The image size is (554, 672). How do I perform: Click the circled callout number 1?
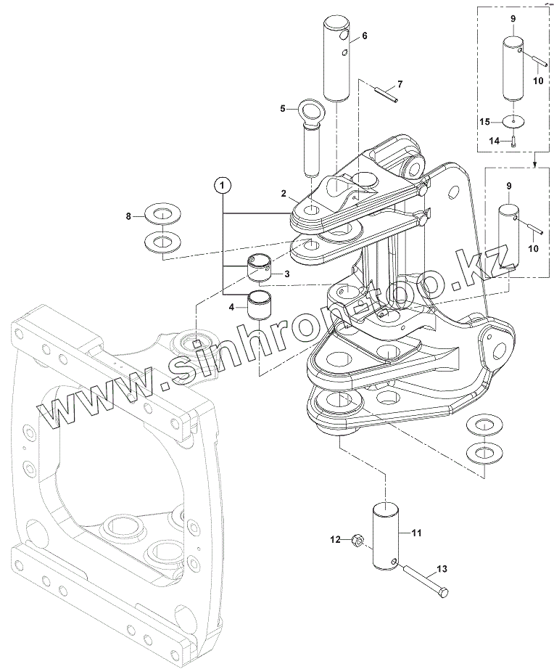tap(223, 184)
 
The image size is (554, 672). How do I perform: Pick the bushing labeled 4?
tap(259, 306)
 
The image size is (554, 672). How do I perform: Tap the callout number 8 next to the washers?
tap(128, 216)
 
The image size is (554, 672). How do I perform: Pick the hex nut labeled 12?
tap(357, 540)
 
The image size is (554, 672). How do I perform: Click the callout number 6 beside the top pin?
tap(364, 35)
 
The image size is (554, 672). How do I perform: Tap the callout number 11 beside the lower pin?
tap(416, 533)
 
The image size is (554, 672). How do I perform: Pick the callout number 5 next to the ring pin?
tap(283, 109)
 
